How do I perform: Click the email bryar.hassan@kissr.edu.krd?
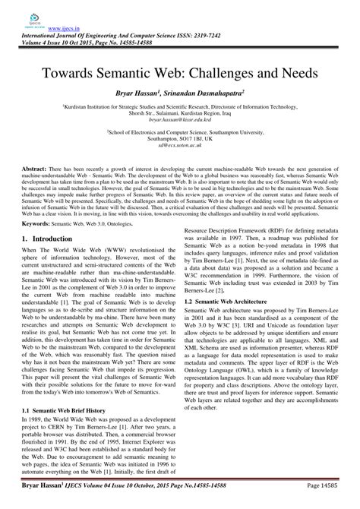(x=180, y=120)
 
